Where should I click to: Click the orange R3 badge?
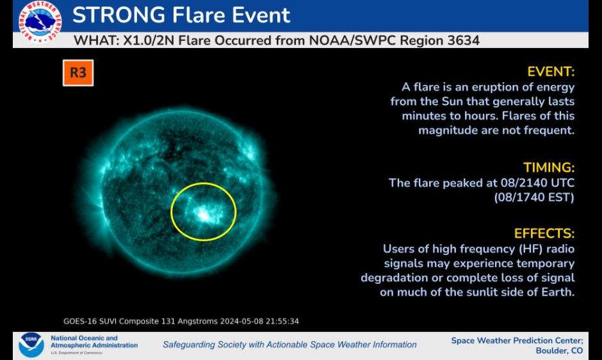tap(78, 72)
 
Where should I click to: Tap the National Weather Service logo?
tap(40, 22)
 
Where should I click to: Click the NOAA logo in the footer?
tap(31, 345)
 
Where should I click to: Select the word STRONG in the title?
tap(118, 15)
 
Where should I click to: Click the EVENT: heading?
tap(551, 72)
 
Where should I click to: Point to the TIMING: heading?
tap(549, 168)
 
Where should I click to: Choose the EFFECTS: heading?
tap(544, 234)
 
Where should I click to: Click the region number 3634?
tap(464, 40)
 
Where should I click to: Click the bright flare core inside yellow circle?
tap(204, 213)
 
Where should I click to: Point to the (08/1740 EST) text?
tap(534, 197)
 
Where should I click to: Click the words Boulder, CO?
tap(559, 351)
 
